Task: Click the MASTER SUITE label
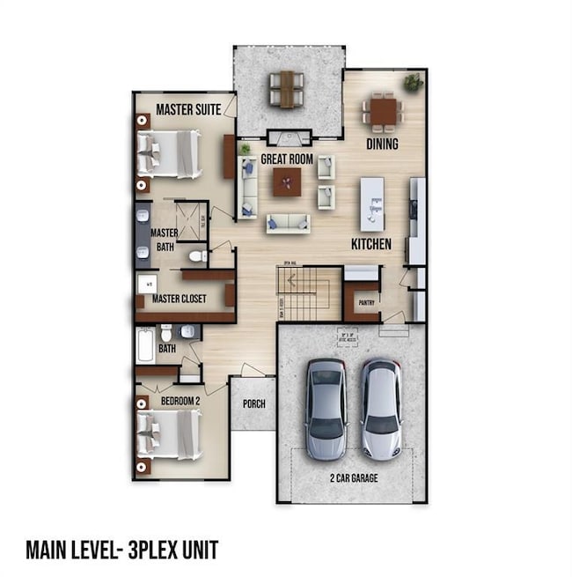click(x=187, y=109)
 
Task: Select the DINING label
click(x=383, y=144)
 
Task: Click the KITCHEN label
click(x=371, y=243)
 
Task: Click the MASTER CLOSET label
click(x=179, y=299)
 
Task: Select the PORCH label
click(x=253, y=404)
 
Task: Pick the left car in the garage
click(x=326, y=409)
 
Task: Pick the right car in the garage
click(x=381, y=408)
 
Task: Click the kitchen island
click(x=372, y=203)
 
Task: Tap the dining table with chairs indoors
click(x=383, y=112)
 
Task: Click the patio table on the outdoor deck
click(x=287, y=88)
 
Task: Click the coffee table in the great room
click(x=286, y=181)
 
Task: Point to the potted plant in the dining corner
click(x=413, y=83)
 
